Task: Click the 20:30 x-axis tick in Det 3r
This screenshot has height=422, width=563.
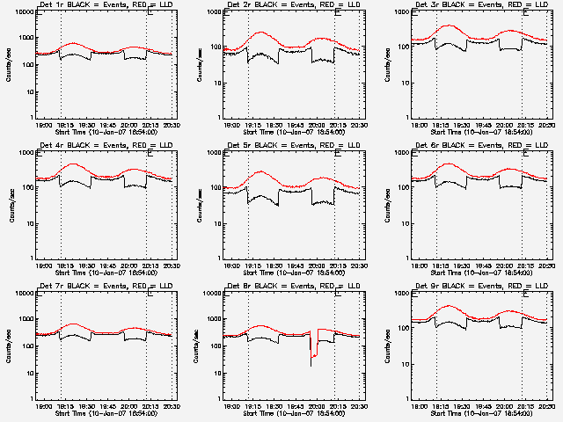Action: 547,123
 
